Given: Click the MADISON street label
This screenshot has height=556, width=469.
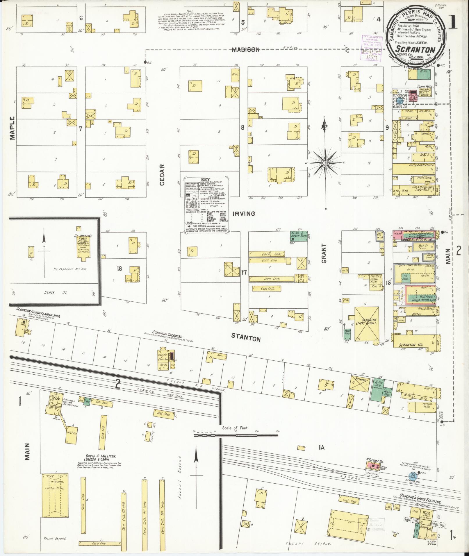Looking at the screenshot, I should coord(245,50).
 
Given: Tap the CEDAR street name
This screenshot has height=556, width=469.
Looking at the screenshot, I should coord(162,175).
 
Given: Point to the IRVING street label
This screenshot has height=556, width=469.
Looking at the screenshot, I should coord(244,214).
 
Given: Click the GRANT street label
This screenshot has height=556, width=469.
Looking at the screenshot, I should coord(324,253).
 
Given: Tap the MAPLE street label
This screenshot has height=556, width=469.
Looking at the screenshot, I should coord(12,128).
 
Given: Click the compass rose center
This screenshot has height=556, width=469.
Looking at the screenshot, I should coord(325,163).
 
